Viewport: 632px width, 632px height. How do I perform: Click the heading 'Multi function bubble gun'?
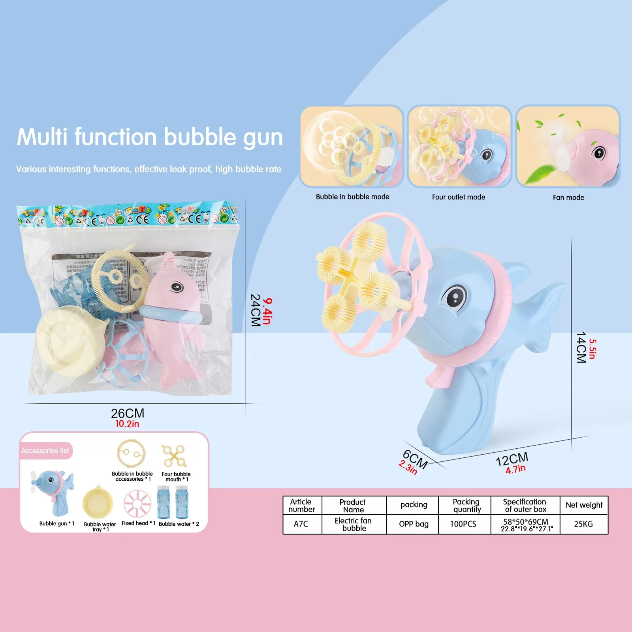tap(150, 137)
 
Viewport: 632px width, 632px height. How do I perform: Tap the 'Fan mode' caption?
tap(568, 197)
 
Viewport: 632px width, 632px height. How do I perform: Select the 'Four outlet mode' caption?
tap(458, 197)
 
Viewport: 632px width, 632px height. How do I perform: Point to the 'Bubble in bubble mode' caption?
tap(352, 197)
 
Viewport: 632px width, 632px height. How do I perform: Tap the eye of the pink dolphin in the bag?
tap(176, 286)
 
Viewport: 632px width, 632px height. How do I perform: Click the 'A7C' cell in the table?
tap(301, 524)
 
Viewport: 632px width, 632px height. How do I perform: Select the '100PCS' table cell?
tap(463, 524)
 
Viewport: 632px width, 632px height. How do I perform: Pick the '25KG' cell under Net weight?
tap(583, 524)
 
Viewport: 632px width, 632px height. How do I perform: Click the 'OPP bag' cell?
tap(413, 524)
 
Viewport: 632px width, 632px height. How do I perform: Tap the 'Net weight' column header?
tap(584, 505)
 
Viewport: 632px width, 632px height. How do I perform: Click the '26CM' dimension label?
tap(127, 413)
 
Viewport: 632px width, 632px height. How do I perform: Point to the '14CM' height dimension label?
tap(581, 348)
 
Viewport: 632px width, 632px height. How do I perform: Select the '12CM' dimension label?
tap(512, 459)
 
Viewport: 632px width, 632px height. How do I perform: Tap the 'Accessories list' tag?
tap(45, 451)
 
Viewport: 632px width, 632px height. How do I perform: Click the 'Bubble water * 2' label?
tap(179, 524)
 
